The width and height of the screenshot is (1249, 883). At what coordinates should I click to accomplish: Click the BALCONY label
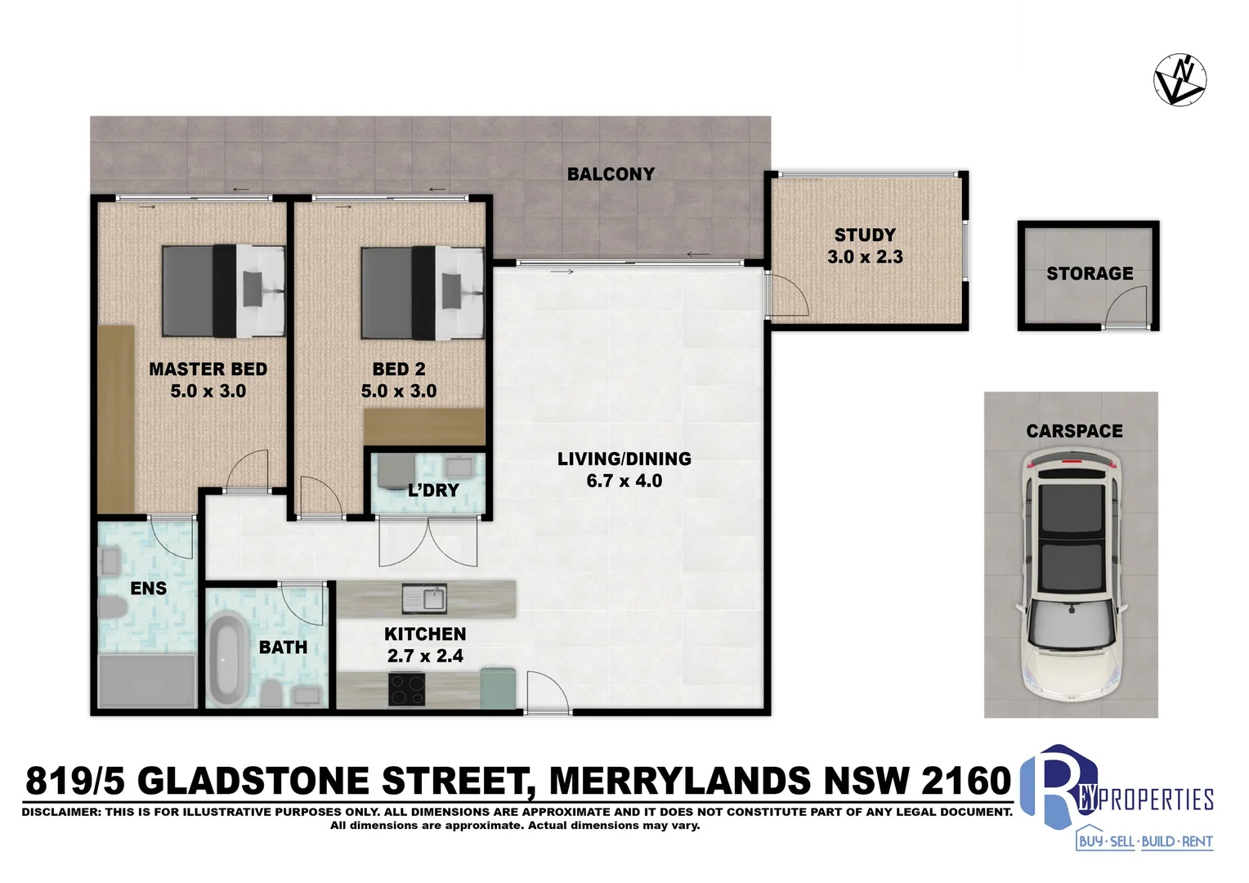point(611,174)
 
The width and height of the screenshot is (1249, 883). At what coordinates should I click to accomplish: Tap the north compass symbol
point(1180,82)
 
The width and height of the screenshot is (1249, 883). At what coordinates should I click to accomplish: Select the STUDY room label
point(865,235)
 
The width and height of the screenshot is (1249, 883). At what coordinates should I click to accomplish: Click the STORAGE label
point(1090,274)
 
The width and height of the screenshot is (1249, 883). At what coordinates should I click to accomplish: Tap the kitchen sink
point(424,598)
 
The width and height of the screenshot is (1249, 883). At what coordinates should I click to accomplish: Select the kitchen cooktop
point(406,689)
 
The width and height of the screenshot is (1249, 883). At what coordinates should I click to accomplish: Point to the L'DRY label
point(433,491)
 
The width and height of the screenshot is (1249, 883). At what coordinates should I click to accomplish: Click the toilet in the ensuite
point(110,607)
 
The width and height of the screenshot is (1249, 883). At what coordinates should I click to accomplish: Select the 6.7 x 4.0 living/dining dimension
point(624,482)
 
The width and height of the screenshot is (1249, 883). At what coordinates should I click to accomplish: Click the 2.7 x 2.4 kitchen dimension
point(425,657)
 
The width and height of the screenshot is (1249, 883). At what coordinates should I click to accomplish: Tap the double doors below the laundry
point(428,543)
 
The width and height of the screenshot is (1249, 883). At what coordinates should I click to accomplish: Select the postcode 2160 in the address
point(967,781)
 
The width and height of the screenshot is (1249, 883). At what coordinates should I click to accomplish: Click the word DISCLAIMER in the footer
point(61,812)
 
